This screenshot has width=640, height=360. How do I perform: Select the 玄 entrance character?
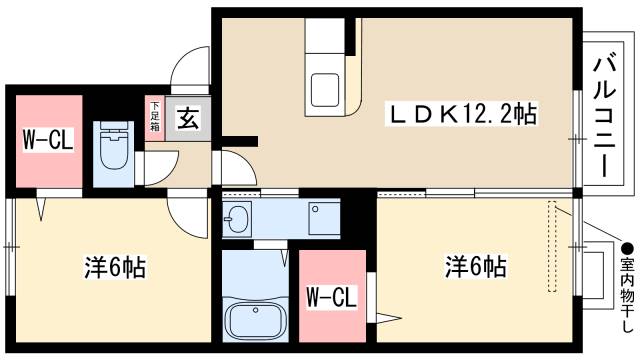187,118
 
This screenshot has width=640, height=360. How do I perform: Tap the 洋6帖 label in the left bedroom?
114,267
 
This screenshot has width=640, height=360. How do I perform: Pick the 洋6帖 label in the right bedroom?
475,267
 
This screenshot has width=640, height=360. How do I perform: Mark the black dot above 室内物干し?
627,247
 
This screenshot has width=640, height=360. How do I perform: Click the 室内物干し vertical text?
627,296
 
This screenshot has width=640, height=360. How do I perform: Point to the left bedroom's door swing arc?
184,210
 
